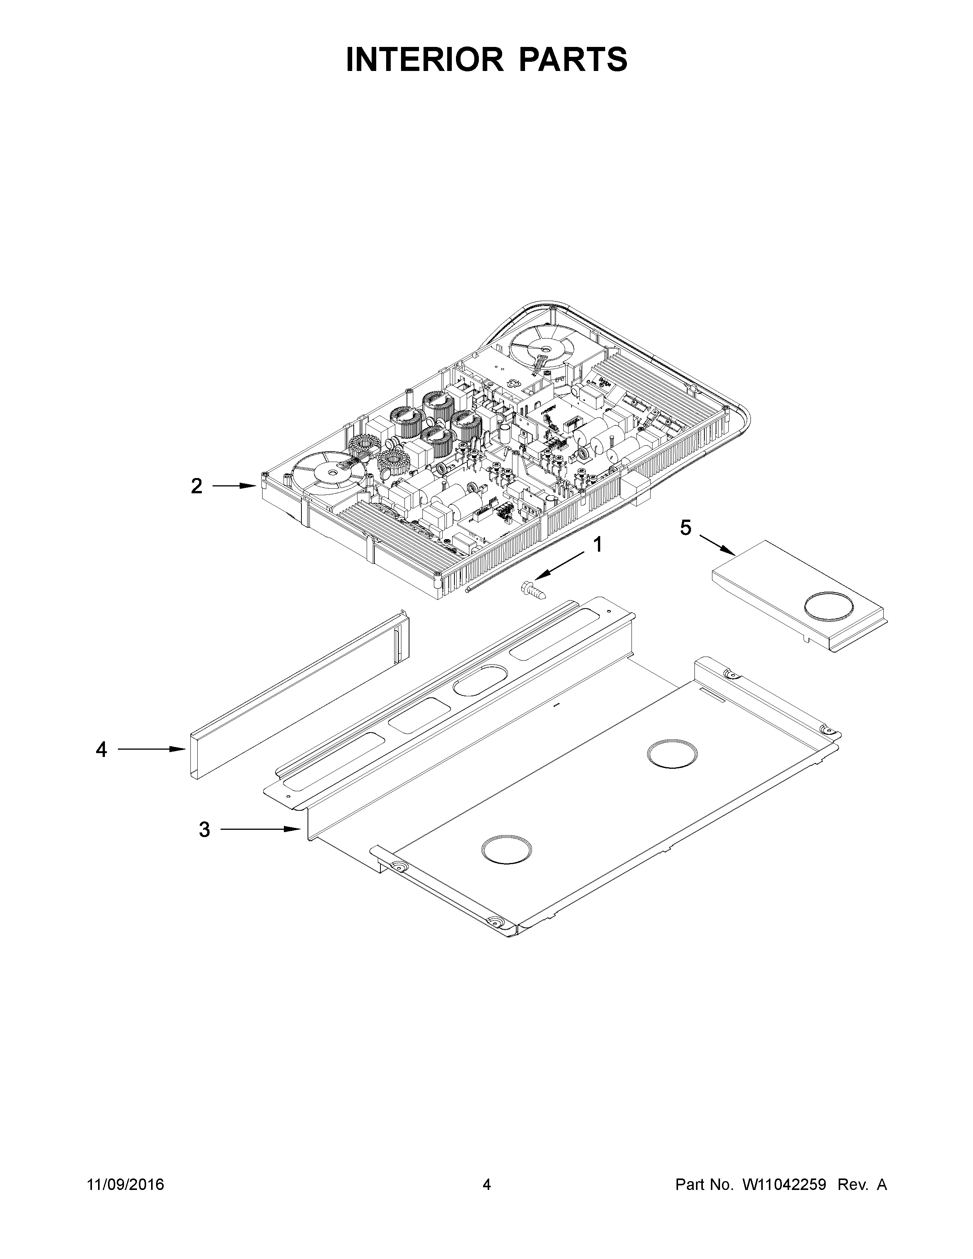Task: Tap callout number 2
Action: pyautogui.click(x=197, y=486)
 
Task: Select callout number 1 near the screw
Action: pyautogui.click(x=598, y=544)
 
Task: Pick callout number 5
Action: pyautogui.click(x=685, y=528)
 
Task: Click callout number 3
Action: pyautogui.click(x=204, y=830)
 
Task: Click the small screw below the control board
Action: pyautogui.click(x=532, y=590)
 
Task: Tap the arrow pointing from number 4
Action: pyautogui.click(x=151, y=749)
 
